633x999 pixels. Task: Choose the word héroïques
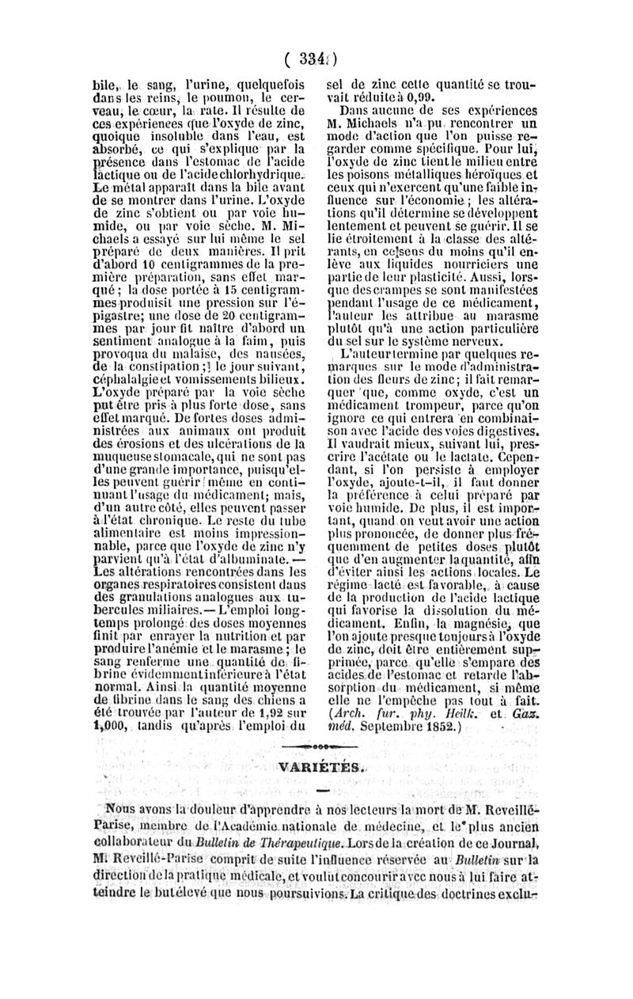tap(489, 168)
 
